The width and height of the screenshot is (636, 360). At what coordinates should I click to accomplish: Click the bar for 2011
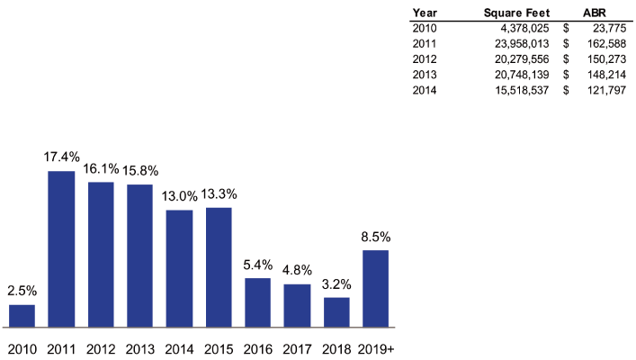click(x=61, y=248)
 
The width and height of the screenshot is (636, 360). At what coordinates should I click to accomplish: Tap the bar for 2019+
click(x=375, y=288)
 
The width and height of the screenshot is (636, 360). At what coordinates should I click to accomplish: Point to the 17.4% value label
click(x=61, y=157)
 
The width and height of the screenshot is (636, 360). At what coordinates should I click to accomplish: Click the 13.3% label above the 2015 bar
click(x=219, y=193)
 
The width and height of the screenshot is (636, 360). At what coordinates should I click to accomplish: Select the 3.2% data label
click(x=336, y=283)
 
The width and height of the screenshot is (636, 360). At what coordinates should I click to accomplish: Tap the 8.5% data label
click(x=375, y=236)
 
